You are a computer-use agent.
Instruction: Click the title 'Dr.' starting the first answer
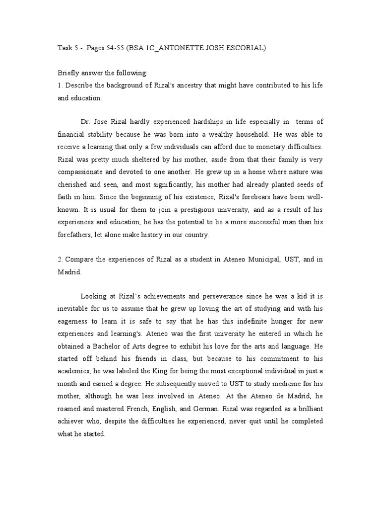coord(85,122)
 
